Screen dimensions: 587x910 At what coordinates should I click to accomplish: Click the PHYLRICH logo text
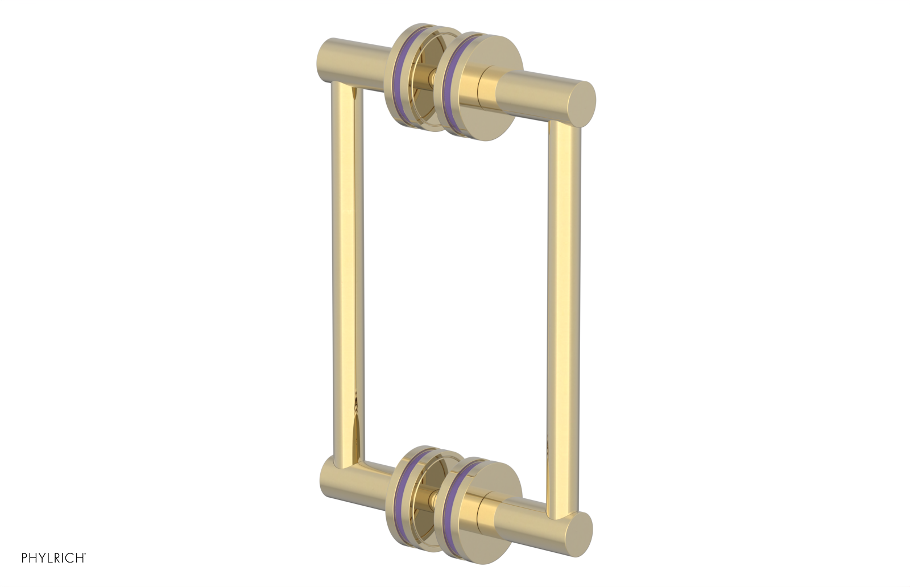(53, 558)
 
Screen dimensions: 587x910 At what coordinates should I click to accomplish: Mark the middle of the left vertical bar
(346, 273)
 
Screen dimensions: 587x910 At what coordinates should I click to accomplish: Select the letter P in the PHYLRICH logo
(25, 558)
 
